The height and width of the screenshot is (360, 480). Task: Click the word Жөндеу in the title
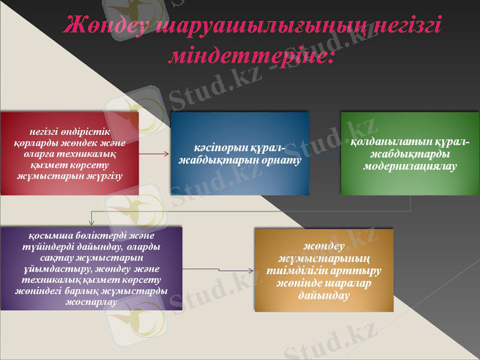(x=107, y=27)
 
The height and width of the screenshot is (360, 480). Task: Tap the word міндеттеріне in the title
(x=247, y=55)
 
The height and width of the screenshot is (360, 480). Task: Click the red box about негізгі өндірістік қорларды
(x=70, y=153)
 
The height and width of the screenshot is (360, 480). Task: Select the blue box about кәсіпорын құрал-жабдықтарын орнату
(x=240, y=153)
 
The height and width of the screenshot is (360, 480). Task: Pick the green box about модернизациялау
(x=410, y=153)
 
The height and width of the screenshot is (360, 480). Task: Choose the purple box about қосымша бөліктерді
(x=91, y=268)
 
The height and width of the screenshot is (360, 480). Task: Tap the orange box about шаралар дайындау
(x=324, y=269)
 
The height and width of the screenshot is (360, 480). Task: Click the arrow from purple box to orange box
(x=218, y=271)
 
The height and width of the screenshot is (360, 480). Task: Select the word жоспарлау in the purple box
(x=91, y=301)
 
